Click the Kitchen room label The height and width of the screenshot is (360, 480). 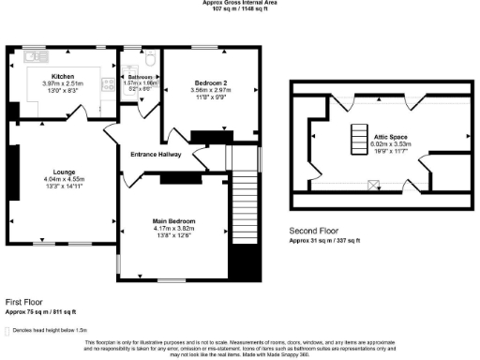(63, 75)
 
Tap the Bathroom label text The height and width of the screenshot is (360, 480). (140, 76)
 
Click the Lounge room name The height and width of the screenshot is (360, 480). (63, 171)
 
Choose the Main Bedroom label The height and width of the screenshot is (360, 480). (173, 222)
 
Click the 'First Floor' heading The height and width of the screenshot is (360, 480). (26, 302)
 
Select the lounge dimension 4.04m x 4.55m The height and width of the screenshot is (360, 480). (63, 179)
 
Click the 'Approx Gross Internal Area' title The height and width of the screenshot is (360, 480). (239, 3)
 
